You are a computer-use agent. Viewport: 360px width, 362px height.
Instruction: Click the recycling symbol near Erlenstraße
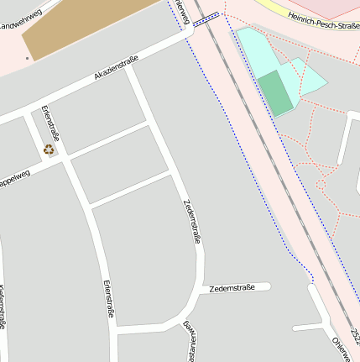coord(50,150)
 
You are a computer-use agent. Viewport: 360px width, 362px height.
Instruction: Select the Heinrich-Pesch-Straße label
coord(323,18)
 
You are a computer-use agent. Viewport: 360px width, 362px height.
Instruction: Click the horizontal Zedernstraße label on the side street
coord(232,288)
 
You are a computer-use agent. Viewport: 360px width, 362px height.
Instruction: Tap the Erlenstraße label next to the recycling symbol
coord(50,123)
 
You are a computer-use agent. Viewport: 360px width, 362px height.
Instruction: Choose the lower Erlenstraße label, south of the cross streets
coord(108,298)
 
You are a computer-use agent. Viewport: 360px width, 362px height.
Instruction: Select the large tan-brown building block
coord(84,28)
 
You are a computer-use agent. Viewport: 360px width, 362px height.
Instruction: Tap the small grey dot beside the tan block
coord(27,59)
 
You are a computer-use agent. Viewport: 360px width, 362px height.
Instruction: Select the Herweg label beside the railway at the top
coord(182,10)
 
